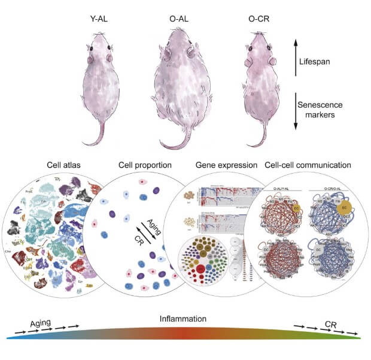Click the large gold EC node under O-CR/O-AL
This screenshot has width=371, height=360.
pos(345,209)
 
